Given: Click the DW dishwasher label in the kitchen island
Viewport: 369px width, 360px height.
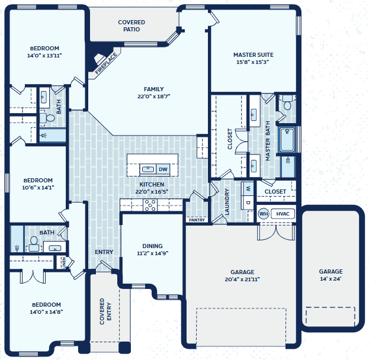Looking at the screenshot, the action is [163, 169].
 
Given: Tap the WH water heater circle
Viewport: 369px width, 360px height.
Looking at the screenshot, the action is [264, 214].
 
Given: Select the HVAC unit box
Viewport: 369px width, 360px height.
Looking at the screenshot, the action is [283, 214].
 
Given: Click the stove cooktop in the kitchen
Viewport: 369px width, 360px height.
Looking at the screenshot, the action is [150, 205].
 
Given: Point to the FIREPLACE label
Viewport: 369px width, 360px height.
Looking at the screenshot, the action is [106, 63].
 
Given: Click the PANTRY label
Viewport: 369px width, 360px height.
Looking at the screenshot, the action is [197, 220].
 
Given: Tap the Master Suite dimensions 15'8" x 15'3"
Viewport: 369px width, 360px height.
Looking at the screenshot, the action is [253, 62].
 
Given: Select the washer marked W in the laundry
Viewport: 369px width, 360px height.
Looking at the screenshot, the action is [248, 188].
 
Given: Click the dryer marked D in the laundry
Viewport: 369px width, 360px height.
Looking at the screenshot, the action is [248, 202].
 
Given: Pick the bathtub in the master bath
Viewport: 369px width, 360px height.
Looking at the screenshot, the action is [287, 140].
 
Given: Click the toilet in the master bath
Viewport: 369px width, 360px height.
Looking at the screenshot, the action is [287, 102].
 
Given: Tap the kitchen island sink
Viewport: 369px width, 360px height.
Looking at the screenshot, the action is [148, 169].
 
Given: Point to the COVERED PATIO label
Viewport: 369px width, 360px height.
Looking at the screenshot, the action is [131, 25].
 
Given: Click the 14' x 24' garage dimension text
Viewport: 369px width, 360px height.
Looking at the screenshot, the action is [331, 279].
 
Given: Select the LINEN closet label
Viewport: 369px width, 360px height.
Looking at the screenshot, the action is [63, 262].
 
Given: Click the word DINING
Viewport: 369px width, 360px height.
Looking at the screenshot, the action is [152, 246].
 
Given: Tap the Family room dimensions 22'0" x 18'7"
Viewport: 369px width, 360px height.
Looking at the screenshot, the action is [153, 97].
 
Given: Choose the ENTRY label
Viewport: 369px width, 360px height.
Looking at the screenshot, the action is [104, 252].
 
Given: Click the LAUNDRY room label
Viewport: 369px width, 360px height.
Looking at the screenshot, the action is [227, 202].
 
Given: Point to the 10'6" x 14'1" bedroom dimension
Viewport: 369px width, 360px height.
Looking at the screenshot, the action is [38, 188].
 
